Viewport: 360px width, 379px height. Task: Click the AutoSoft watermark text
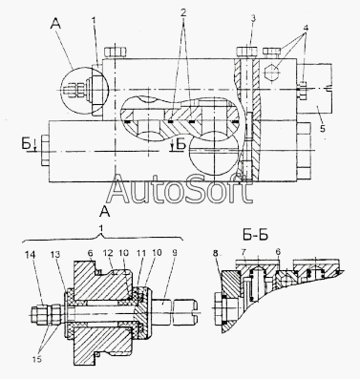pyautogui.click(x=180, y=190)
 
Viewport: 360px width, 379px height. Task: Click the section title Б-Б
pyautogui.click(x=254, y=236)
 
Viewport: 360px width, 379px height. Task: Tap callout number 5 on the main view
pyautogui.click(x=323, y=129)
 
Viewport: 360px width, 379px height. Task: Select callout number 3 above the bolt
pyautogui.click(x=253, y=18)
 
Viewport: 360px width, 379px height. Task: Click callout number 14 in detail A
pyautogui.click(x=31, y=254)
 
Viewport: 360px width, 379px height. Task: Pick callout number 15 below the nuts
pyautogui.click(x=36, y=359)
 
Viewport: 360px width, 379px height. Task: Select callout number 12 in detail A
pyautogui.click(x=108, y=253)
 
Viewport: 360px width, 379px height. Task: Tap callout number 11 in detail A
pyautogui.click(x=141, y=253)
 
